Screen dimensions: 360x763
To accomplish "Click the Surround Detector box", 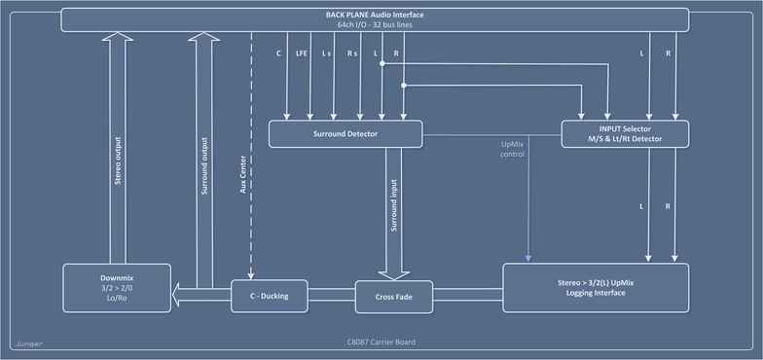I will (345, 133).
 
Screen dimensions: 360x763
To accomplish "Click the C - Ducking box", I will (269, 295).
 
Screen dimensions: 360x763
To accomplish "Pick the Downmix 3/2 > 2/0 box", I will (116, 287).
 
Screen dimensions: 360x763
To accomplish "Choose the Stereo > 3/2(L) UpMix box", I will (596, 287).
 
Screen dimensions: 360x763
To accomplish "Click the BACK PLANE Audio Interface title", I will (375, 14).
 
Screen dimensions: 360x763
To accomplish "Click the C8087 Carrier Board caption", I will (374, 343).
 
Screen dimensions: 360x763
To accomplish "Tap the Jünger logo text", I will (28, 343).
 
